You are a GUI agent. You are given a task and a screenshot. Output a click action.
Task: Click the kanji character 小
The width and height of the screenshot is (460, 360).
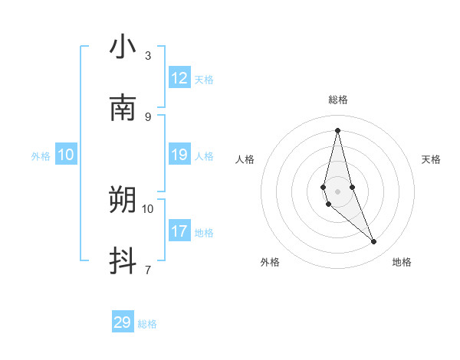click(123, 47)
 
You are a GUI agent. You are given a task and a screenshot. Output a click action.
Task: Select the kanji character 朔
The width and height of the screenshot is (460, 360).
click(123, 200)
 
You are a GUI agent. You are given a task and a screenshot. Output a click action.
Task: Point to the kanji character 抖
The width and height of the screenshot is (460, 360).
click(123, 261)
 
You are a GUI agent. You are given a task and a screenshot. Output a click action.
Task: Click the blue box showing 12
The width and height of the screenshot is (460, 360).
click(179, 78)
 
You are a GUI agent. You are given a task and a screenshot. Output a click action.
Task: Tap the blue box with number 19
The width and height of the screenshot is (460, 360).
click(179, 155)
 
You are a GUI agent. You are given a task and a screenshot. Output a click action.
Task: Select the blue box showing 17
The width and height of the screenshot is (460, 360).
click(179, 231)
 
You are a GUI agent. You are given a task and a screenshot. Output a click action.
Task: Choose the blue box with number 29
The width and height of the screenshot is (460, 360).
click(123, 322)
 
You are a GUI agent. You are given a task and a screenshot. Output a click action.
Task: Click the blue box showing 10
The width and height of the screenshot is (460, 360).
click(65, 155)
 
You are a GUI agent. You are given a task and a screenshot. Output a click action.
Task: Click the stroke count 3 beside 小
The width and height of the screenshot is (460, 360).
click(148, 55)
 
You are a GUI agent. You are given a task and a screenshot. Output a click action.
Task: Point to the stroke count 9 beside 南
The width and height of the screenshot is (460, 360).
click(148, 116)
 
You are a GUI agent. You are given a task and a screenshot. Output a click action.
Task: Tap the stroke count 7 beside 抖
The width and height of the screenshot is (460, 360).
click(148, 270)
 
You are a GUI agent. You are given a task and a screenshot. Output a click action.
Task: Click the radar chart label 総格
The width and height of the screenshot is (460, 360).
click(338, 100)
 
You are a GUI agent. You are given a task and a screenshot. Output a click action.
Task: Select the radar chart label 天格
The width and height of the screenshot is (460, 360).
click(431, 159)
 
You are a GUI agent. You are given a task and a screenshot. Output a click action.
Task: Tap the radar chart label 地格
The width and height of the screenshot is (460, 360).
click(402, 262)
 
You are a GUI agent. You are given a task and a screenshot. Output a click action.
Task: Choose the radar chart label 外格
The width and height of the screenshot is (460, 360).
click(270, 262)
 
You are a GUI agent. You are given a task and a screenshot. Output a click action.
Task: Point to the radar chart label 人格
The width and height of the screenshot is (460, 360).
click(245, 159)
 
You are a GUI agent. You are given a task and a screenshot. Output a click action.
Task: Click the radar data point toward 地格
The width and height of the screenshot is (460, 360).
click(374, 242)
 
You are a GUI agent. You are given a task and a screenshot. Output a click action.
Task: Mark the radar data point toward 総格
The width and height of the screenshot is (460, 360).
click(337, 129)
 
